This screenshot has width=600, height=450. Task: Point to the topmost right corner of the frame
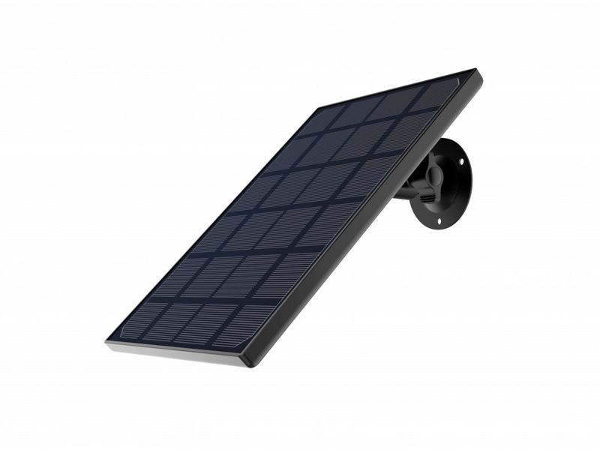[x=475, y=72]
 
